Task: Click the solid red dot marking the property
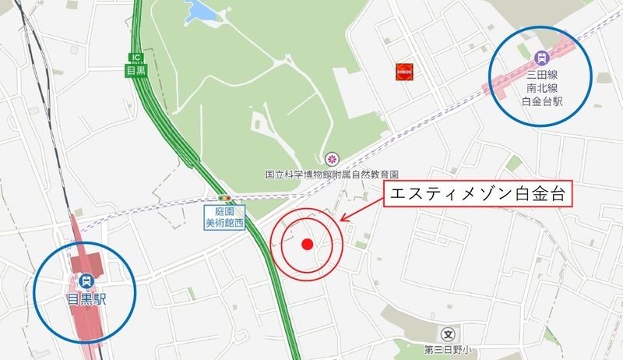(307, 244)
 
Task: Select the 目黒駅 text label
(85, 297)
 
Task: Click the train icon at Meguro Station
(85, 280)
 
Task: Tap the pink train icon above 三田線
(541, 57)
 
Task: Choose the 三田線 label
(541, 76)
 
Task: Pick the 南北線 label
(541, 89)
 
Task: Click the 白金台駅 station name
(541, 102)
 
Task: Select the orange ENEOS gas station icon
(403, 70)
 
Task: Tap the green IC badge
(136, 57)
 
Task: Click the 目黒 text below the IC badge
(136, 70)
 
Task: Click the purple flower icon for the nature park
(332, 158)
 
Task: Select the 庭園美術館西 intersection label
(224, 217)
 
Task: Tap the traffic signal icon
(224, 199)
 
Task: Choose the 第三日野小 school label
(449, 348)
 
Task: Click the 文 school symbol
(449, 332)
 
